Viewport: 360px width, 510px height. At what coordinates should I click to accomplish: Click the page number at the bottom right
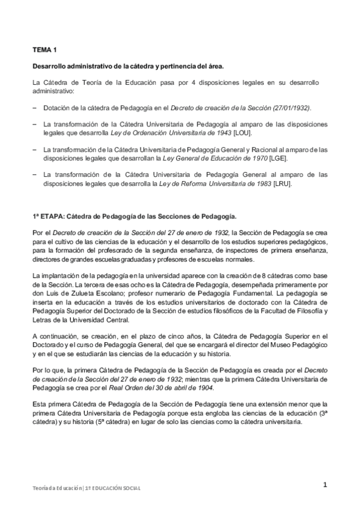point(325,485)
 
